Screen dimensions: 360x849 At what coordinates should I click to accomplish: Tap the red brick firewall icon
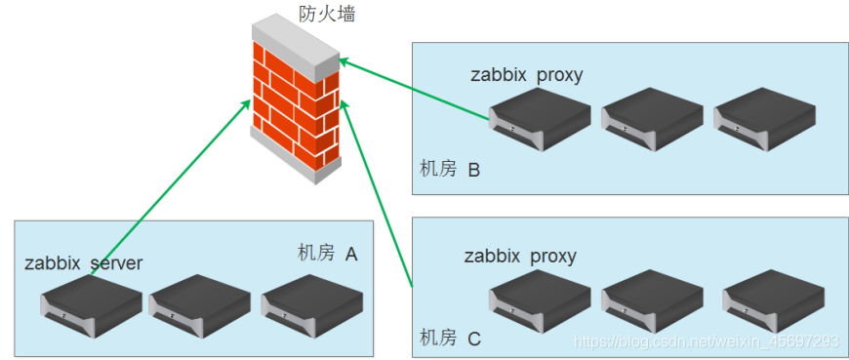296,102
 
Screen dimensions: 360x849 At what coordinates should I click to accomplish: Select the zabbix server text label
84,263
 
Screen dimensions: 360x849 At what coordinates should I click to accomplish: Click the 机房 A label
327,254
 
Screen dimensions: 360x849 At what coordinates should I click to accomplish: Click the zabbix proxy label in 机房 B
526,75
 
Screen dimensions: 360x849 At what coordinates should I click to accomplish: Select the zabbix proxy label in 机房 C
519,257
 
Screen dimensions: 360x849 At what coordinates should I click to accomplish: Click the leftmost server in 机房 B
541,119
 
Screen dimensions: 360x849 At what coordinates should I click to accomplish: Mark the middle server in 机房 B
652,119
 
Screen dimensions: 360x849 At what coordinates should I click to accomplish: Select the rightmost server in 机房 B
764,119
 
